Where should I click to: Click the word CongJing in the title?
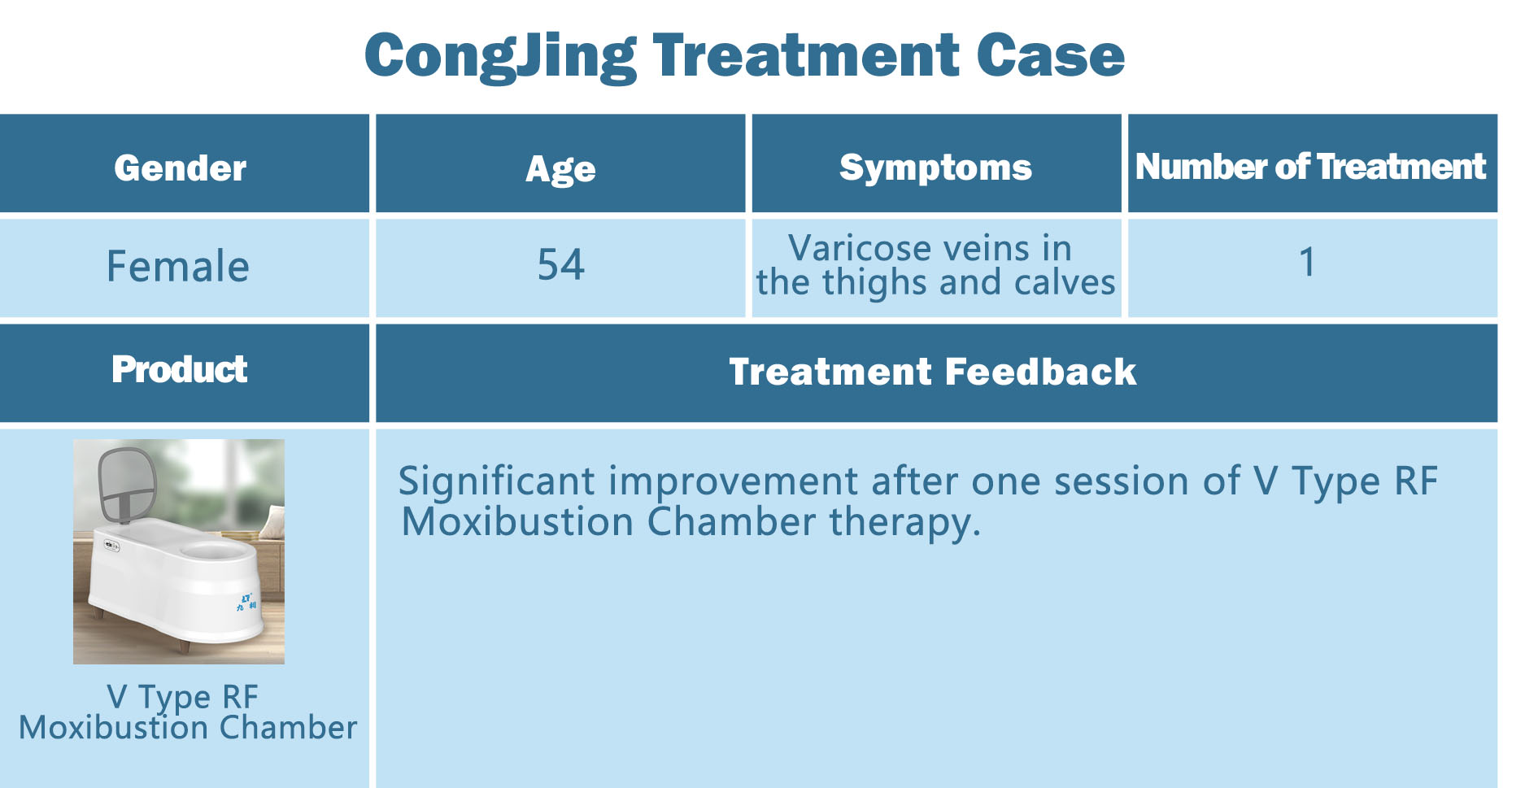coord(500,56)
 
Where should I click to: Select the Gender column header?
coord(180,168)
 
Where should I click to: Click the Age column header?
coord(560,169)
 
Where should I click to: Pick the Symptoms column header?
coord(935,168)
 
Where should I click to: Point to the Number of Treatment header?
coord(1310,166)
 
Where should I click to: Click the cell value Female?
coord(178,266)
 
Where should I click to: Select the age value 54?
coord(560,265)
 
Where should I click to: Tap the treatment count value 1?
coord(1307,262)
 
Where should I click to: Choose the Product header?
coord(180,369)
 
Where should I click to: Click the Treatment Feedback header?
coord(933,372)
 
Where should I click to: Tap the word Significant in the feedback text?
coord(496,481)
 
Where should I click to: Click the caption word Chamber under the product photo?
coord(288,727)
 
